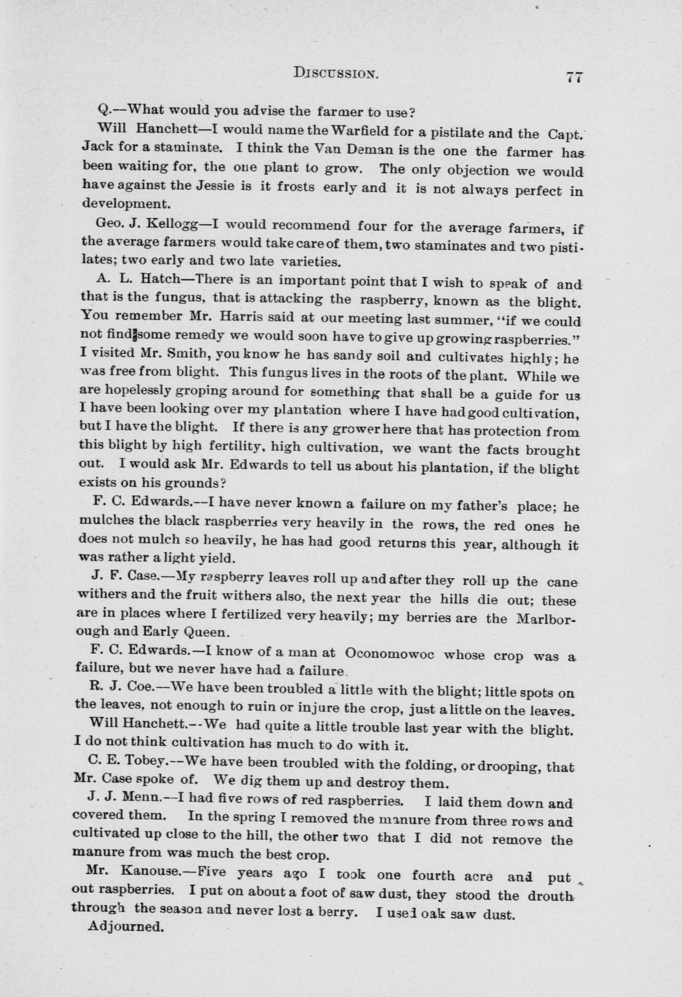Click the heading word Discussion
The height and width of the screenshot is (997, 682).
tap(336, 74)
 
